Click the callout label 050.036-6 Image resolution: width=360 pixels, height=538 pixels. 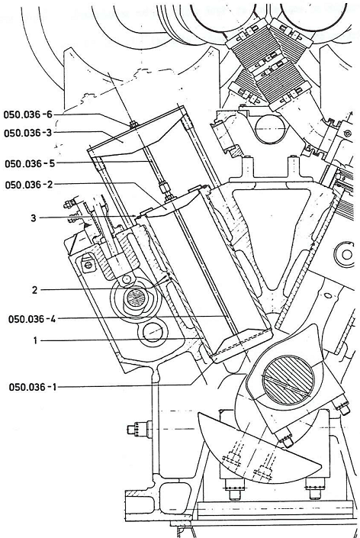click(27, 114)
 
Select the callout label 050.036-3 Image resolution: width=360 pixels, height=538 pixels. click(27, 133)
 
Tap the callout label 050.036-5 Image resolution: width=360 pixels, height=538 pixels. click(30, 163)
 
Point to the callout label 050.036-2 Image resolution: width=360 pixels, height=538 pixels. click(29, 185)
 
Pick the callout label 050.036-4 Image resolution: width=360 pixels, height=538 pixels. click(32, 319)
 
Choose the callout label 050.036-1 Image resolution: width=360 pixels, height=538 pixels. click(33, 387)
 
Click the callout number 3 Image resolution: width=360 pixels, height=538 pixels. click(34, 218)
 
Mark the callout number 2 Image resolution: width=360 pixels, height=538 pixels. click(34, 290)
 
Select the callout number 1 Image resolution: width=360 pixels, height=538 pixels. click(34, 340)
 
